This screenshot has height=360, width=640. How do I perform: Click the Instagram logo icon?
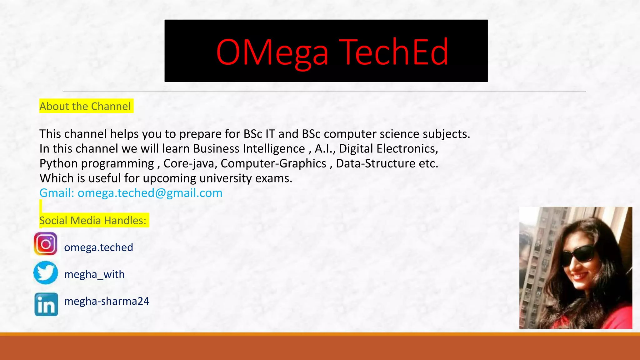point(46,244)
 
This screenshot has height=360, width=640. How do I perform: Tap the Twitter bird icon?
point(46,272)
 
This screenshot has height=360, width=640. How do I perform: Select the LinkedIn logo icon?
point(46,304)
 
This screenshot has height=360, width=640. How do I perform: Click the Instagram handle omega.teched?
point(98,247)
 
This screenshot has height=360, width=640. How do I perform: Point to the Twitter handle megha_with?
point(94,274)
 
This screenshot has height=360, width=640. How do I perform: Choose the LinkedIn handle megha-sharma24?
point(107,301)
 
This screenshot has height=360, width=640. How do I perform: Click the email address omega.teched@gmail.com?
point(150,193)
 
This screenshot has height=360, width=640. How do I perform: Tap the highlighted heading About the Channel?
point(85,107)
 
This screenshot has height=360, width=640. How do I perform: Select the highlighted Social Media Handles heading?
point(93,221)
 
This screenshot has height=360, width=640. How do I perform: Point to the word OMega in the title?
point(272,52)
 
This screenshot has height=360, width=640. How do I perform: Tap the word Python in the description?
point(58,164)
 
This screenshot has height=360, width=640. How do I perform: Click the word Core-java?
point(190,164)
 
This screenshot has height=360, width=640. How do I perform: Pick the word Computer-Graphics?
point(273,164)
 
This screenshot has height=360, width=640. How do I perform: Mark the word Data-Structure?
point(376,164)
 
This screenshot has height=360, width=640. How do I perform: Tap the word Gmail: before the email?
point(57,193)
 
